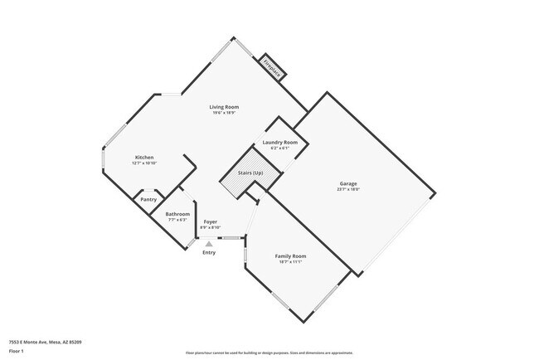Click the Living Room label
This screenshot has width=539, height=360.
[x=224, y=107]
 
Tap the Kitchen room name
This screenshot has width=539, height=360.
[x=144, y=158]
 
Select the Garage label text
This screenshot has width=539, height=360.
[x=348, y=182]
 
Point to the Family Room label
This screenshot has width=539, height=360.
[x=290, y=255]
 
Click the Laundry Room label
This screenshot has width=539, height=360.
[x=279, y=143]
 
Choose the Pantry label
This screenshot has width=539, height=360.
[x=148, y=199]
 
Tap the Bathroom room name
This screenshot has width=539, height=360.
[x=177, y=214]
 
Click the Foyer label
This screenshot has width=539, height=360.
[x=211, y=221]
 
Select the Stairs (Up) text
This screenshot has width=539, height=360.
[x=251, y=173]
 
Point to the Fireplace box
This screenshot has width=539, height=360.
[x=271, y=68]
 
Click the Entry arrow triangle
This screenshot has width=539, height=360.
[x=209, y=244]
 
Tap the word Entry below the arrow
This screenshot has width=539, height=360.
[x=209, y=252]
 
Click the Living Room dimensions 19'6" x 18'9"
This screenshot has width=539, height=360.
[x=224, y=114]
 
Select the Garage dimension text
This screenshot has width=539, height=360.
[x=348, y=189]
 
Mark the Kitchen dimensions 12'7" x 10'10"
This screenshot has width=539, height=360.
[x=144, y=164]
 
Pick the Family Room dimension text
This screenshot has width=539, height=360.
[x=290, y=262]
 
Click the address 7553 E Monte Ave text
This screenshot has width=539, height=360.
[x=45, y=341]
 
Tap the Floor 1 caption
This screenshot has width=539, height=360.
[x=17, y=350]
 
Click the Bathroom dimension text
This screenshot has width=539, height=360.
[x=177, y=220]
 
